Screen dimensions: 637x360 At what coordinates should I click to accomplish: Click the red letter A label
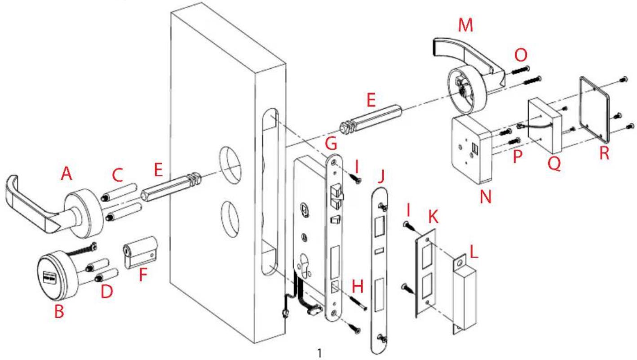coord(66,173)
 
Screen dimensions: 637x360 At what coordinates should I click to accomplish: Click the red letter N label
coord(486,197)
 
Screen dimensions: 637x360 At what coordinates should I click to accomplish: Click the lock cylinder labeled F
coord(141,252)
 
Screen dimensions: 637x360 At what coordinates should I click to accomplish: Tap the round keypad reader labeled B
coord(58,275)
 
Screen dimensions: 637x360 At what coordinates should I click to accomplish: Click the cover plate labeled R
coord(594,109)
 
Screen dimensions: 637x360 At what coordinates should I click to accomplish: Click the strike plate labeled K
coord(425,273)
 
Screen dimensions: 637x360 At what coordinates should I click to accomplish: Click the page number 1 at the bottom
coord(320,353)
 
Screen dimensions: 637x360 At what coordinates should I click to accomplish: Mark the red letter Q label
coord(554,164)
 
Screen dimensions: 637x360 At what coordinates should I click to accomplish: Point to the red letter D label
coord(107,292)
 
